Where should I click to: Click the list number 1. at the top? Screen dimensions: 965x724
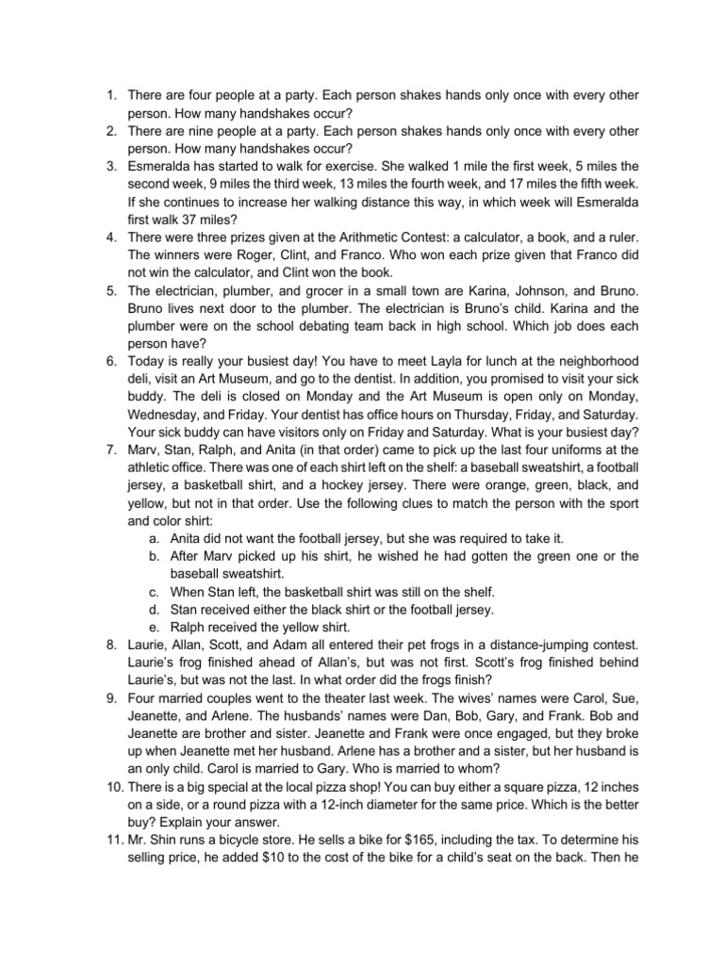tap(110, 95)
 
